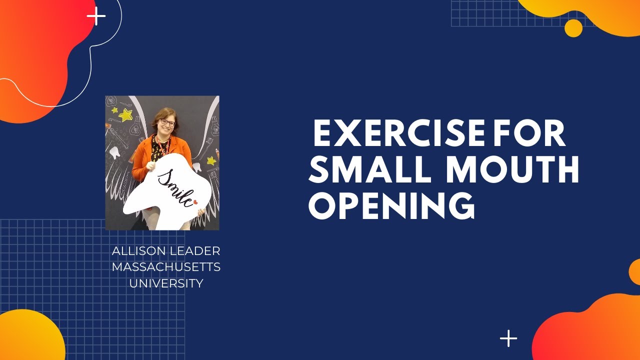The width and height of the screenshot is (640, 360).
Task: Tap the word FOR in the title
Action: pyautogui.click(x=529, y=133)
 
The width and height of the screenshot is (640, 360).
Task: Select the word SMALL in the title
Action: pyautogui.click(x=370, y=170)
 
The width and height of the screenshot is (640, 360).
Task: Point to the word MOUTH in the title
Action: pyautogui.click(x=512, y=170)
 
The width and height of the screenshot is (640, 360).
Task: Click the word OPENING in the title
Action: pyautogui.click(x=391, y=206)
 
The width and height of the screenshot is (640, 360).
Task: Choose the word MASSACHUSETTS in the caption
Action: pyautogui.click(x=166, y=267)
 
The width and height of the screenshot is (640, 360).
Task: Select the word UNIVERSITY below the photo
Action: pyautogui.click(x=166, y=283)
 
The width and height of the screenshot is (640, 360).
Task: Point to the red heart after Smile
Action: pyautogui.click(x=195, y=202)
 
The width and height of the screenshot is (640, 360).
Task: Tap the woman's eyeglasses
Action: pyautogui.click(x=167, y=122)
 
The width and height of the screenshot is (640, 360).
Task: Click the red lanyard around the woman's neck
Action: pyautogui.click(x=161, y=145)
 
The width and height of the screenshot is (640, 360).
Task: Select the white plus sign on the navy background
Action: pyautogui.click(x=508, y=338)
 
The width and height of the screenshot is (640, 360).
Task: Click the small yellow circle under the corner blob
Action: pyautogui.click(x=573, y=28)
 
